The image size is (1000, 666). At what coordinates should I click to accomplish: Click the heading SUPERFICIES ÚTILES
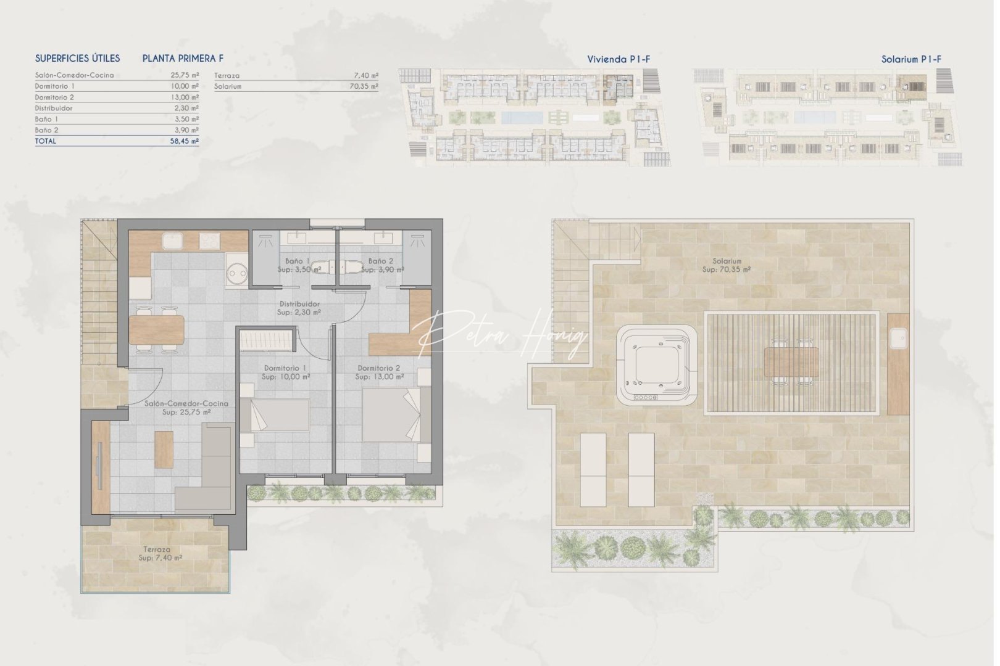tap(77, 59)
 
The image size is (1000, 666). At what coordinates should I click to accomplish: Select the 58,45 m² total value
tap(186, 141)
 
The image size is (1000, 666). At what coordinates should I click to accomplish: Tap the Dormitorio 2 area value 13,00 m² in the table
tap(186, 97)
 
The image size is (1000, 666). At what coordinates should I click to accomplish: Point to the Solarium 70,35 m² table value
tap(364, 87)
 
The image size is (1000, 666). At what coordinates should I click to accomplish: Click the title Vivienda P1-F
tap(619, 59)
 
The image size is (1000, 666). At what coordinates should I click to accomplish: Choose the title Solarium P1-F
tap(911, 59)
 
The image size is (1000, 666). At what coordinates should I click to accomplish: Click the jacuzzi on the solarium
tap(657, 366)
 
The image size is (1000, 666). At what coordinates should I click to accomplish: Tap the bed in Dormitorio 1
tap(275, 415)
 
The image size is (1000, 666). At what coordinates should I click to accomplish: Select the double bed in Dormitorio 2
tap(391, 414)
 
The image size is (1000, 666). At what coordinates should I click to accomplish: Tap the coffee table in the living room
tap(164, 448)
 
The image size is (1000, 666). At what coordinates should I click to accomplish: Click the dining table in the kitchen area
tap(156, 329)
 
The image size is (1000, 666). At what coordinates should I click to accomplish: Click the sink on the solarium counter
tap(898, 337)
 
